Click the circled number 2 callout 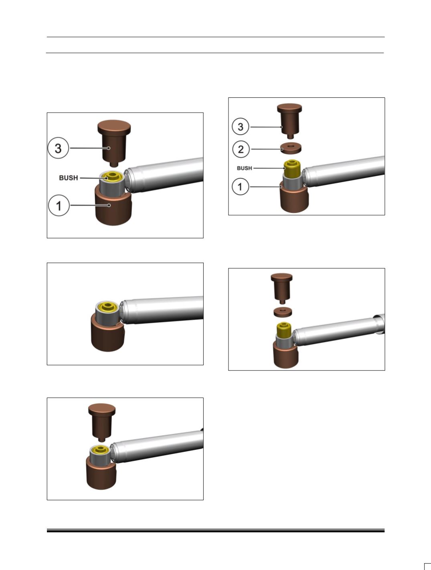tap(241, 149)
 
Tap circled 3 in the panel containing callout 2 tap(241, 127)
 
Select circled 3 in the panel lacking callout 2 tap(59, 148)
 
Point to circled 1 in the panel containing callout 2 tap(240, 186)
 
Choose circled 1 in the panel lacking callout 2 tap(59, 205)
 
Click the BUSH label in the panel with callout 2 tap(244, 168)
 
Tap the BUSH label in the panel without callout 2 tap(69, 178)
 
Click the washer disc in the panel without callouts tap(283, 312)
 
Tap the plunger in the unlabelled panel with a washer tap(282, 288)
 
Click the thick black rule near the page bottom tap(216, 531)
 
